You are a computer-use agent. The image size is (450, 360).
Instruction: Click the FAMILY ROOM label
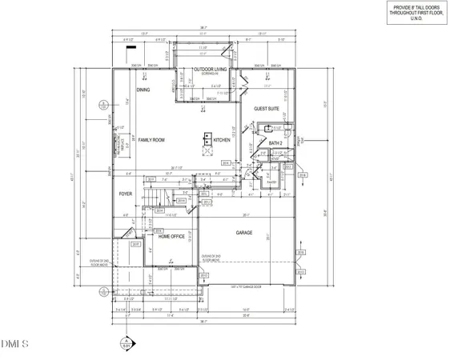[151, 140]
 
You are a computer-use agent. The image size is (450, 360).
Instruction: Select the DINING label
[143, 90]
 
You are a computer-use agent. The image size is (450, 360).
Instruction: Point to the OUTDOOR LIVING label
[211, 70]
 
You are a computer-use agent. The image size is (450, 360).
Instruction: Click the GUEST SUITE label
[267, 108]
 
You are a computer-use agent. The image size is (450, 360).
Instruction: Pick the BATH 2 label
[277, 143]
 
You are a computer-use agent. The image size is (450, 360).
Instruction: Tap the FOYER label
[126, 194]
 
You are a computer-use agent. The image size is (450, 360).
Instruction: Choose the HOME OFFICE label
[172, 237]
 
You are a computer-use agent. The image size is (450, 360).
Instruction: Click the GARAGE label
[243, 233]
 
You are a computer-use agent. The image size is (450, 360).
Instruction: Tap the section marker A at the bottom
[126, 345]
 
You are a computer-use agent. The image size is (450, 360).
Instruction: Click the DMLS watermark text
[14, 345]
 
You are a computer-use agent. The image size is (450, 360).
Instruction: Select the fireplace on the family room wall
[118, 143]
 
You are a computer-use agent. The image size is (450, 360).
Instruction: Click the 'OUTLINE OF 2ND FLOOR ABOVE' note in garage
[211, 258]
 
